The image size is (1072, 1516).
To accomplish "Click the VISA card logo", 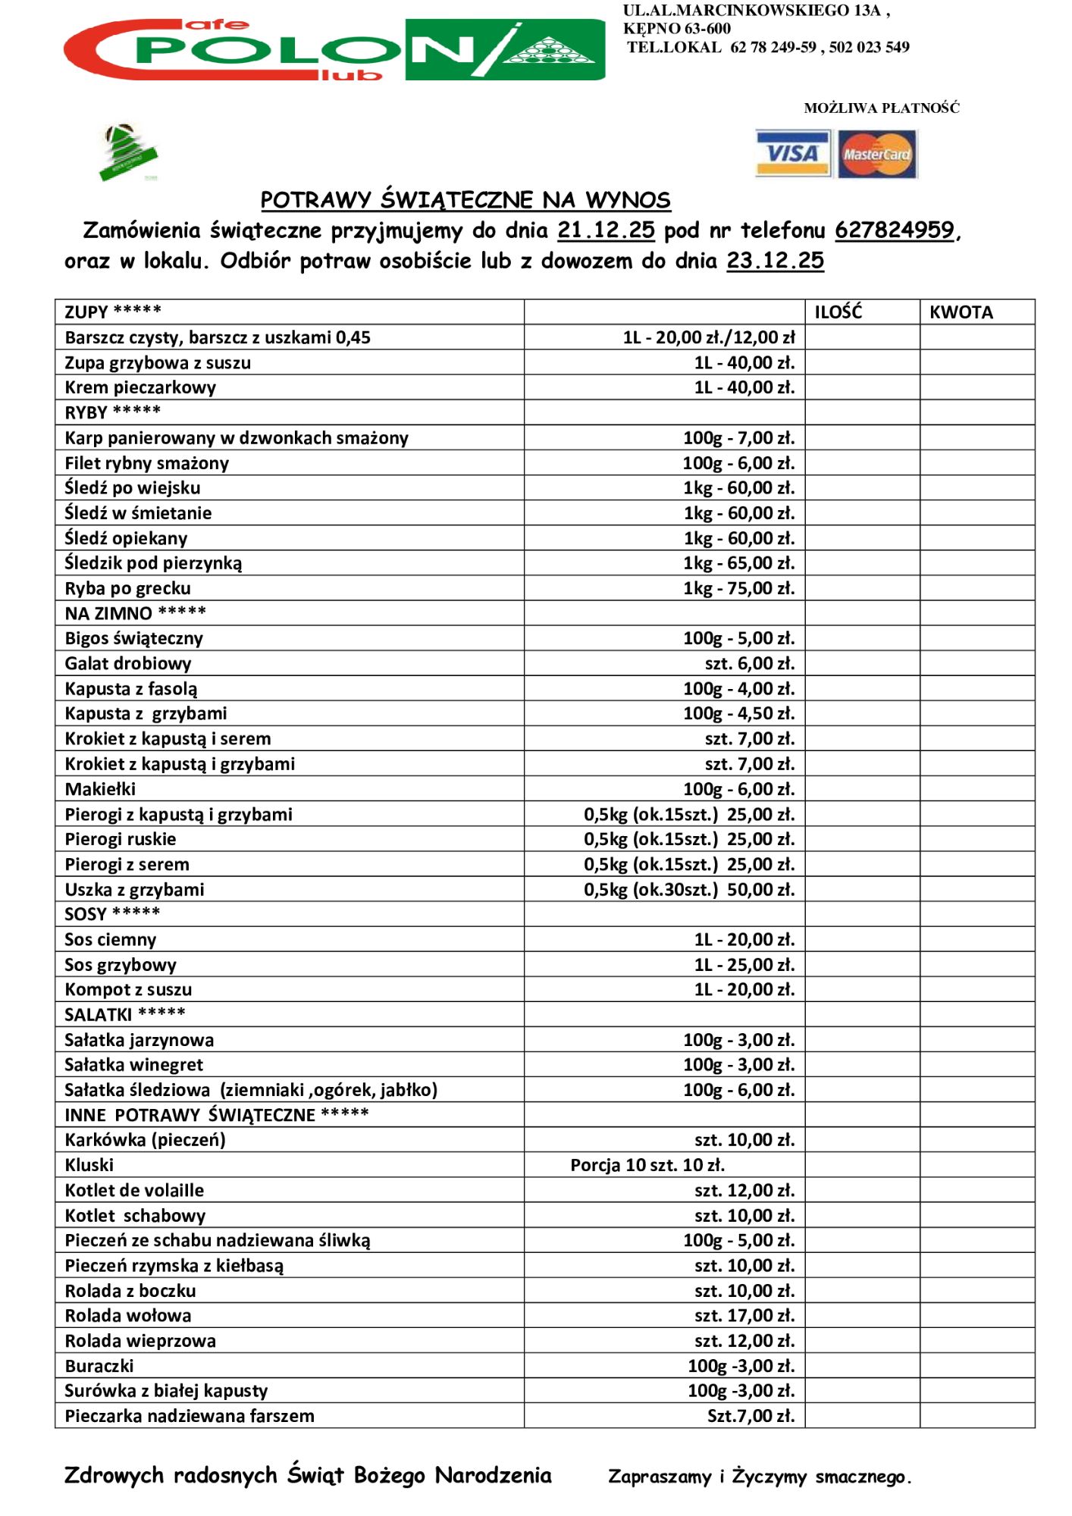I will coord(792,154).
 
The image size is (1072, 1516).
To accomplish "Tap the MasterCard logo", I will coord(877,154).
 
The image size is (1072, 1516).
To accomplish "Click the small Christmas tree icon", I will coord(127,152).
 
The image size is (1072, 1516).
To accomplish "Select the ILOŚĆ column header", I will coord(838,312).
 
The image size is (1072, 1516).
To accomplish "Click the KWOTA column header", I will coord(961,312).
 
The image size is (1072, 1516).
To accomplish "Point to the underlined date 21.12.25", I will coord(605,230).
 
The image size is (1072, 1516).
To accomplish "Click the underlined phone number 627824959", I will coord(894,230).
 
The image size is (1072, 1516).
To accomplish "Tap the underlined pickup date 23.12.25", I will coord(775,262).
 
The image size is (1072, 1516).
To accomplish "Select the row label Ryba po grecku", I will coord(127,588).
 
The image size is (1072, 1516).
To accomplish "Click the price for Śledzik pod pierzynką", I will coord(738,563).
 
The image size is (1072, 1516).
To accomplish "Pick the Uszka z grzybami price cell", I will coord(688,889).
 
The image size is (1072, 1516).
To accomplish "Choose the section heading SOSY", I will coord(112,914).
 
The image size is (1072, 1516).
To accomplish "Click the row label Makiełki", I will coord(100,789).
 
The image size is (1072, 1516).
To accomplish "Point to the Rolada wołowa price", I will coord(744,1315).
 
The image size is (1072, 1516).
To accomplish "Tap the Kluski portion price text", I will coord(647,1165).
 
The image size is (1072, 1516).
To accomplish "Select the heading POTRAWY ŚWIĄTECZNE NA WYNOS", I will coord(465,200).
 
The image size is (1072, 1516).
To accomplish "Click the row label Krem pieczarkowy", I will coord(140,387).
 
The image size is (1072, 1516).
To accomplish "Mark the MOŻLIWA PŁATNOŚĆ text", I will coord(881,108).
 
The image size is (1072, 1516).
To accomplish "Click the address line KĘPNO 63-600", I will coord(677,29).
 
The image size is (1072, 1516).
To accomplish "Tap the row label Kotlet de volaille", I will coord(134,1190).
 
